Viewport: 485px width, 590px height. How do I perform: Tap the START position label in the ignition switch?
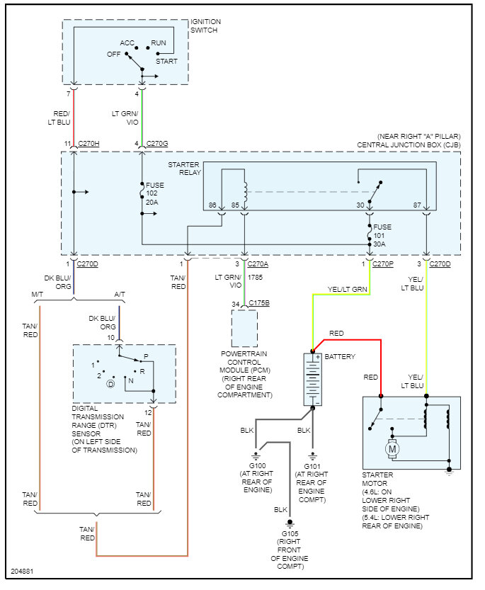pyautogui.click(x=167, y=61)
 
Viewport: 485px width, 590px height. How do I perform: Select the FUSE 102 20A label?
pyautogui.click(x=155, y=193)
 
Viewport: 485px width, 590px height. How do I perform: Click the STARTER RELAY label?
pyautogui.click(x=183, y=169)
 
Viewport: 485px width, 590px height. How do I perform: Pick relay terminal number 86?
pyautogui.click(x=212, y=205)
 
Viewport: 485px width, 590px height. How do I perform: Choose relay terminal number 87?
pyautogui.click(x=417, y=205)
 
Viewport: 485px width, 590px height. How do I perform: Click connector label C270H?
pyautogui.click(x=89, y=144)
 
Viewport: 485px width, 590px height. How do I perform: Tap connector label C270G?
pyautogui.click(x=157, y=144)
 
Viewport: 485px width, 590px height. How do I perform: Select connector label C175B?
pyautogui.click(x=260, y=304)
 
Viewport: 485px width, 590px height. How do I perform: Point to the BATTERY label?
pyautogui.click(x=341, y=356)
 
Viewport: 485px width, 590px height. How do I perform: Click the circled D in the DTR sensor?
pyautogui.click(x=110, y=383)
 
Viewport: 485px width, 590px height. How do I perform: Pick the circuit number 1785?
pyautogui.click(x=264, y=277)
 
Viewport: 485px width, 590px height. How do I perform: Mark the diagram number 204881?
pyautogui.click(x=21, y=571)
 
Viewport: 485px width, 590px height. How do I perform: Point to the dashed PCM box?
pyautogui.click(x=244, y=328)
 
